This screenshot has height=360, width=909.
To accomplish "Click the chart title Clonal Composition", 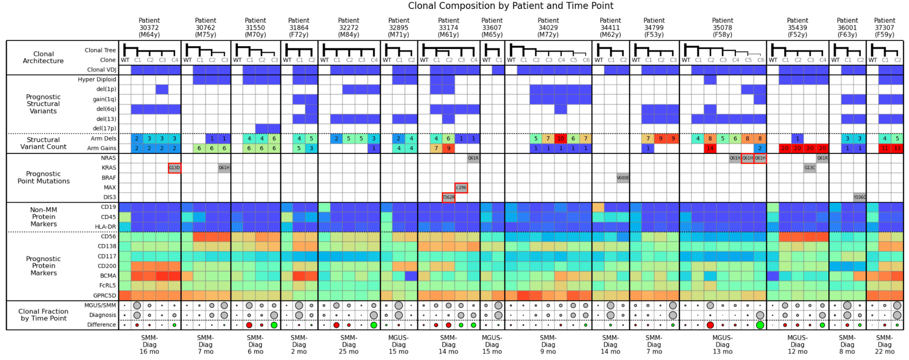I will click(x=510, y=6).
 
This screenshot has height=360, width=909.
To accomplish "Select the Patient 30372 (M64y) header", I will click(x=149, y=28).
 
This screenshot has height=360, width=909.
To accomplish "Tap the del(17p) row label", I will click(x=104, y=128).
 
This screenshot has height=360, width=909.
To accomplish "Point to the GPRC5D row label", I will click(x=104, y=296).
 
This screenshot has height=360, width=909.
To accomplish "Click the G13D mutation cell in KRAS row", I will click(x=174, y=168).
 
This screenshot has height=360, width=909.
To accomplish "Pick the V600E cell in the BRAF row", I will click(x=623, y=178).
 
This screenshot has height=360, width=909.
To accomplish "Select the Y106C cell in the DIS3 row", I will click(x=860, y=198).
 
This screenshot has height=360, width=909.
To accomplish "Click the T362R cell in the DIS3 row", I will click(x=449, y=198).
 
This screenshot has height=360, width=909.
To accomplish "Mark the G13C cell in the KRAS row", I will click(x=810, y=168).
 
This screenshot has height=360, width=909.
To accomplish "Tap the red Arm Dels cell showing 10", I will click(x=561, y=139).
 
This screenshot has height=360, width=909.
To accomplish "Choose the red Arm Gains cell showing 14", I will click(x=710, y=149).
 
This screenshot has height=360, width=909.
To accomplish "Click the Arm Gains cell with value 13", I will click(x=897, y=149).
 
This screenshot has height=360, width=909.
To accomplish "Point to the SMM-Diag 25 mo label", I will click(x=348, y=344).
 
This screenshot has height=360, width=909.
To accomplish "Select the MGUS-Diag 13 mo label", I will click(x=723, y=344).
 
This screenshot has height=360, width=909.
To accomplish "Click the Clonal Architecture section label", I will click(x=44, y=57).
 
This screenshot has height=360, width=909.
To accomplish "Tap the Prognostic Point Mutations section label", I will click(x=44, y=177).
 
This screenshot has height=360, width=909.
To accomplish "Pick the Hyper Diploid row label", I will click(x=97, y=80).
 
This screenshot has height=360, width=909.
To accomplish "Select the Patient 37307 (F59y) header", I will click(x=885, y=28).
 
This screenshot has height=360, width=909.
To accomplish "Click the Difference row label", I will click(x=101, y=324).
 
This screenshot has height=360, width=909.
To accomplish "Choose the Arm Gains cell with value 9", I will click(x=449, y=149).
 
